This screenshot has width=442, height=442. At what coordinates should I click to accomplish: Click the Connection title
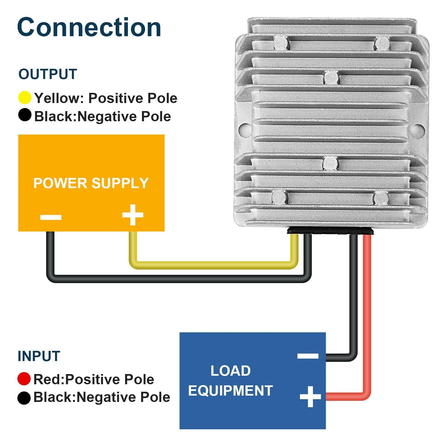89,27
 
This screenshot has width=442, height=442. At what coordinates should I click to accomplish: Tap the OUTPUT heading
48,74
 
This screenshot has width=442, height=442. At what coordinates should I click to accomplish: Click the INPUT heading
39,356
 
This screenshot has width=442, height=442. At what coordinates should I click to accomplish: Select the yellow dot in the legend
25,98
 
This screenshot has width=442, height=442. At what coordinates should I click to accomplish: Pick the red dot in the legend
24,379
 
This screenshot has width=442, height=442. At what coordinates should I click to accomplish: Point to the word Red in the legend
48,379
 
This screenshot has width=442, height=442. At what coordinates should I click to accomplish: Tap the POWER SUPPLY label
91,183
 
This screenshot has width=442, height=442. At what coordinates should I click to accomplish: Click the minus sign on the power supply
51,217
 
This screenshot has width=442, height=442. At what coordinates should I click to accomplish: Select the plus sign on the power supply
133,215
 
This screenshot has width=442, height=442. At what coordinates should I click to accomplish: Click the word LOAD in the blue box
230,371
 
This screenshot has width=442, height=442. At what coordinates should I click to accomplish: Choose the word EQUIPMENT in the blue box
230,391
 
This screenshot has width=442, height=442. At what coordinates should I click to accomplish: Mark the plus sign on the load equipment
310,397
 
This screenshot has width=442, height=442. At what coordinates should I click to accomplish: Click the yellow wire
210,265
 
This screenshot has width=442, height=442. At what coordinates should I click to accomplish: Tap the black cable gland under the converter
330,230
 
